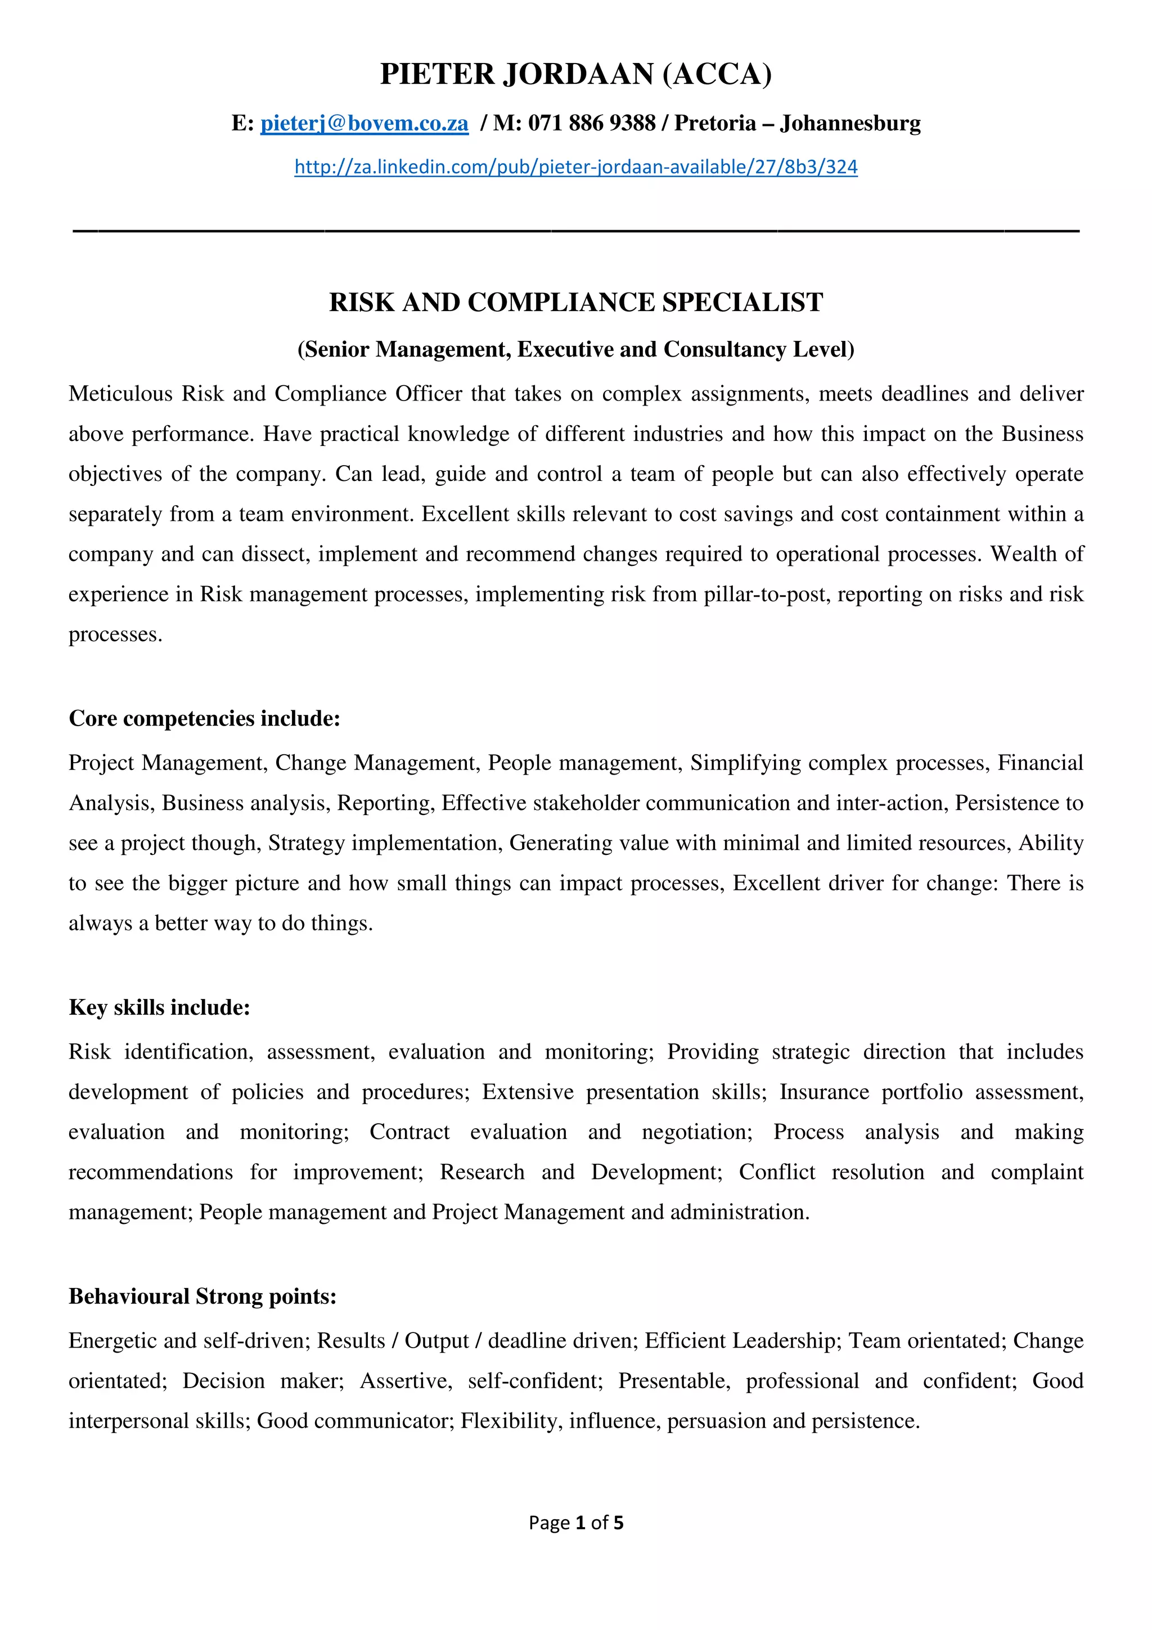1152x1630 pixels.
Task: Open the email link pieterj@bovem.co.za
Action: tap(364, 124)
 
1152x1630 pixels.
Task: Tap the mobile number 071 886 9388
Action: tap(591, 124)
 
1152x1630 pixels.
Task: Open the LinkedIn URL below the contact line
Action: tap(575, 167)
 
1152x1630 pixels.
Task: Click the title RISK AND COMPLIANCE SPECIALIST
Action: tap(575, 303)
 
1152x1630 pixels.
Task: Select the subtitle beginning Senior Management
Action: tap(575, 349)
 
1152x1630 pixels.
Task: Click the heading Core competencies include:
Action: tap(204, 718)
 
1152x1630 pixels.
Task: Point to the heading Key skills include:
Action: tap(159, 1007)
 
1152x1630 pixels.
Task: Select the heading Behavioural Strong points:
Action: tap(202, 1296)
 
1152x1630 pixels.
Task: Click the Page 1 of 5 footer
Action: tap(575, 1523)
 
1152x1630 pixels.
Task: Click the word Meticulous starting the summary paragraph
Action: tap(120, 394)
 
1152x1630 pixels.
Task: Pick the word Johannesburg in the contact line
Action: tap(850, 124)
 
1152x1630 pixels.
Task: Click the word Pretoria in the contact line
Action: tap(715, 124)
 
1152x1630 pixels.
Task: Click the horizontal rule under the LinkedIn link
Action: tap(575, 231)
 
